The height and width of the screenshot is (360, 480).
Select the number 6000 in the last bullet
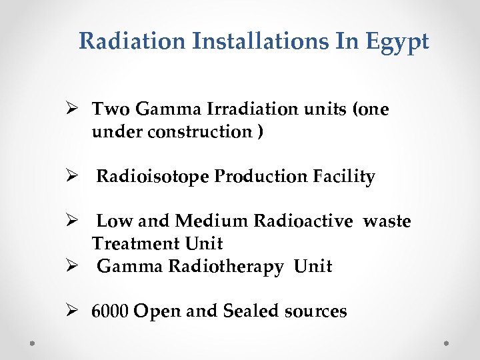[111, 311]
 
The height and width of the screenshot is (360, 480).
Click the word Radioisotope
[152, 177]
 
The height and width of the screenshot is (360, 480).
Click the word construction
[197, 131]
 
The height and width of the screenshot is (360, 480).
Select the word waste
[387, 221]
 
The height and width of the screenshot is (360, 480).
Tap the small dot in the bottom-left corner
[32, 343]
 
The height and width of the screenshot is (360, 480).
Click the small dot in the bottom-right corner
[447, 343]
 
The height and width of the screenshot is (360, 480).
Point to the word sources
[315, 311]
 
